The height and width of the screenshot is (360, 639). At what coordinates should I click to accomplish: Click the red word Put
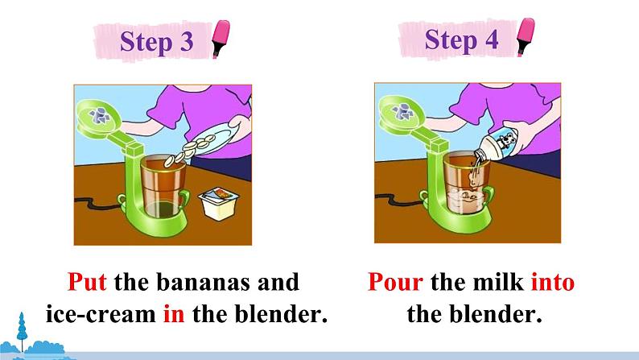pyautogui.click(x=87, y=282)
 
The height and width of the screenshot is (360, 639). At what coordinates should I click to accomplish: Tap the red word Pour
pyautogui.click(x=395, y=282)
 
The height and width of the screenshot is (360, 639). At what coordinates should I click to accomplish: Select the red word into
pyautogui.click(x=553, y=282)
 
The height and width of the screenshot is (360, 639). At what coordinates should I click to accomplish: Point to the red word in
pyautogui.click(x=174, y=314)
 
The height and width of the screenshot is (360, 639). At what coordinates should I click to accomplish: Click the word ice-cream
pyautogui.click(x=101, y=314)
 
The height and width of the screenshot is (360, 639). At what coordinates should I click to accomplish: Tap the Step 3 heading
pyautogui.click(x=156, y=42)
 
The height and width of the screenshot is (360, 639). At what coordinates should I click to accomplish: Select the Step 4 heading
pyautogui.click(x=461, y=40)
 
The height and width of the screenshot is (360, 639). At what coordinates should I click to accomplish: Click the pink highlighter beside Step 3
pyautogui.click(x=221, y=39)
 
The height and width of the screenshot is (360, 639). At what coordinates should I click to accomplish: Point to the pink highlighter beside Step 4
pyautogui.click(x=526, y=37)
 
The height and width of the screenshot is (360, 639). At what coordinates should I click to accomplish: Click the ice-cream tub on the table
pyautogui.click(x=219, y=203)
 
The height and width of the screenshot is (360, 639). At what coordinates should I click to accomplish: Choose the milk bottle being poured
pyautogui.click(x=497, y=146)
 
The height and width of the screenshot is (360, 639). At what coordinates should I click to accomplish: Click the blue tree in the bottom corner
pyautogui.click(x=22, y=332)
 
